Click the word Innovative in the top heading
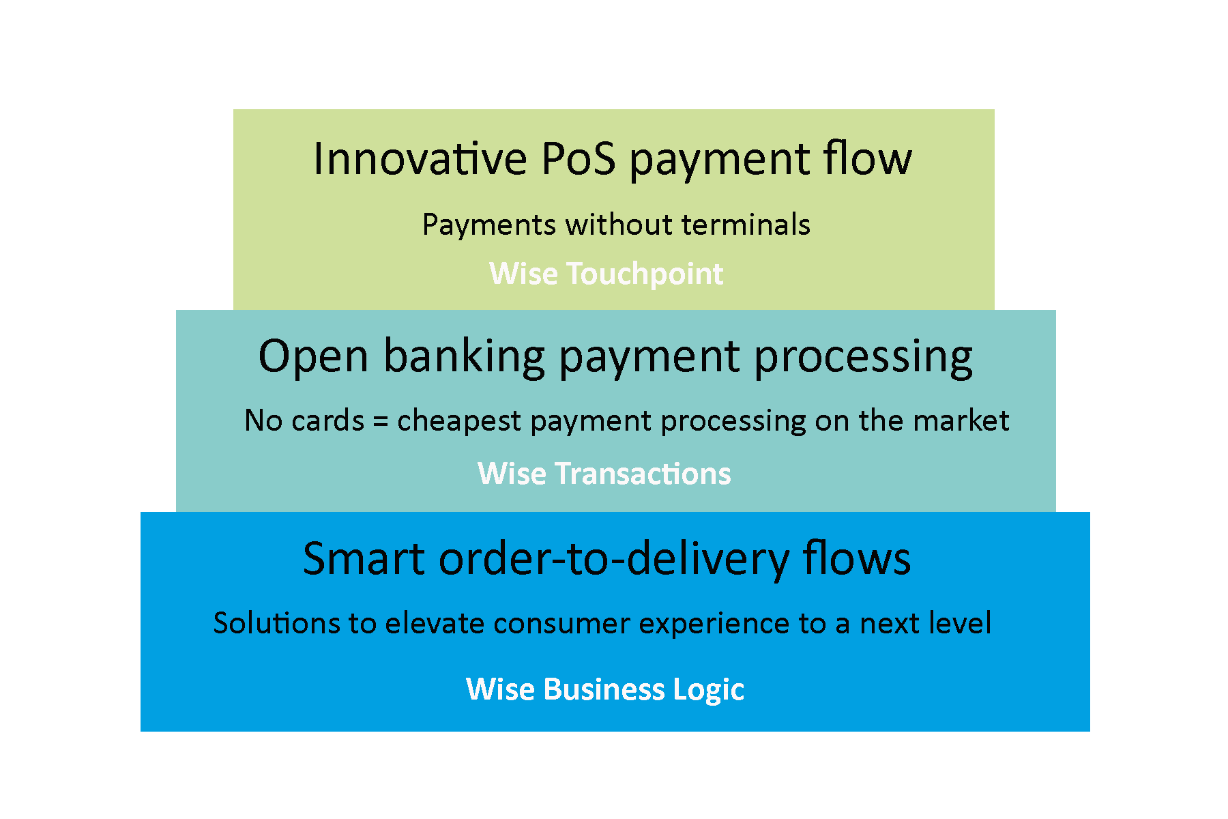coord(420,159)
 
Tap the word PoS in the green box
coord(579,159)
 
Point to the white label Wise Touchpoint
coord(606,274)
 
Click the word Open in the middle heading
coord(313,356)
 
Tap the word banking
coord(464,356)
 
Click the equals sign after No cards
coord(381,420)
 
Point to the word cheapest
coord(459,420)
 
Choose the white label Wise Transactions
coord(604,474)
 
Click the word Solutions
coord(276,623)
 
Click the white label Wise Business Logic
coord(604,689)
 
